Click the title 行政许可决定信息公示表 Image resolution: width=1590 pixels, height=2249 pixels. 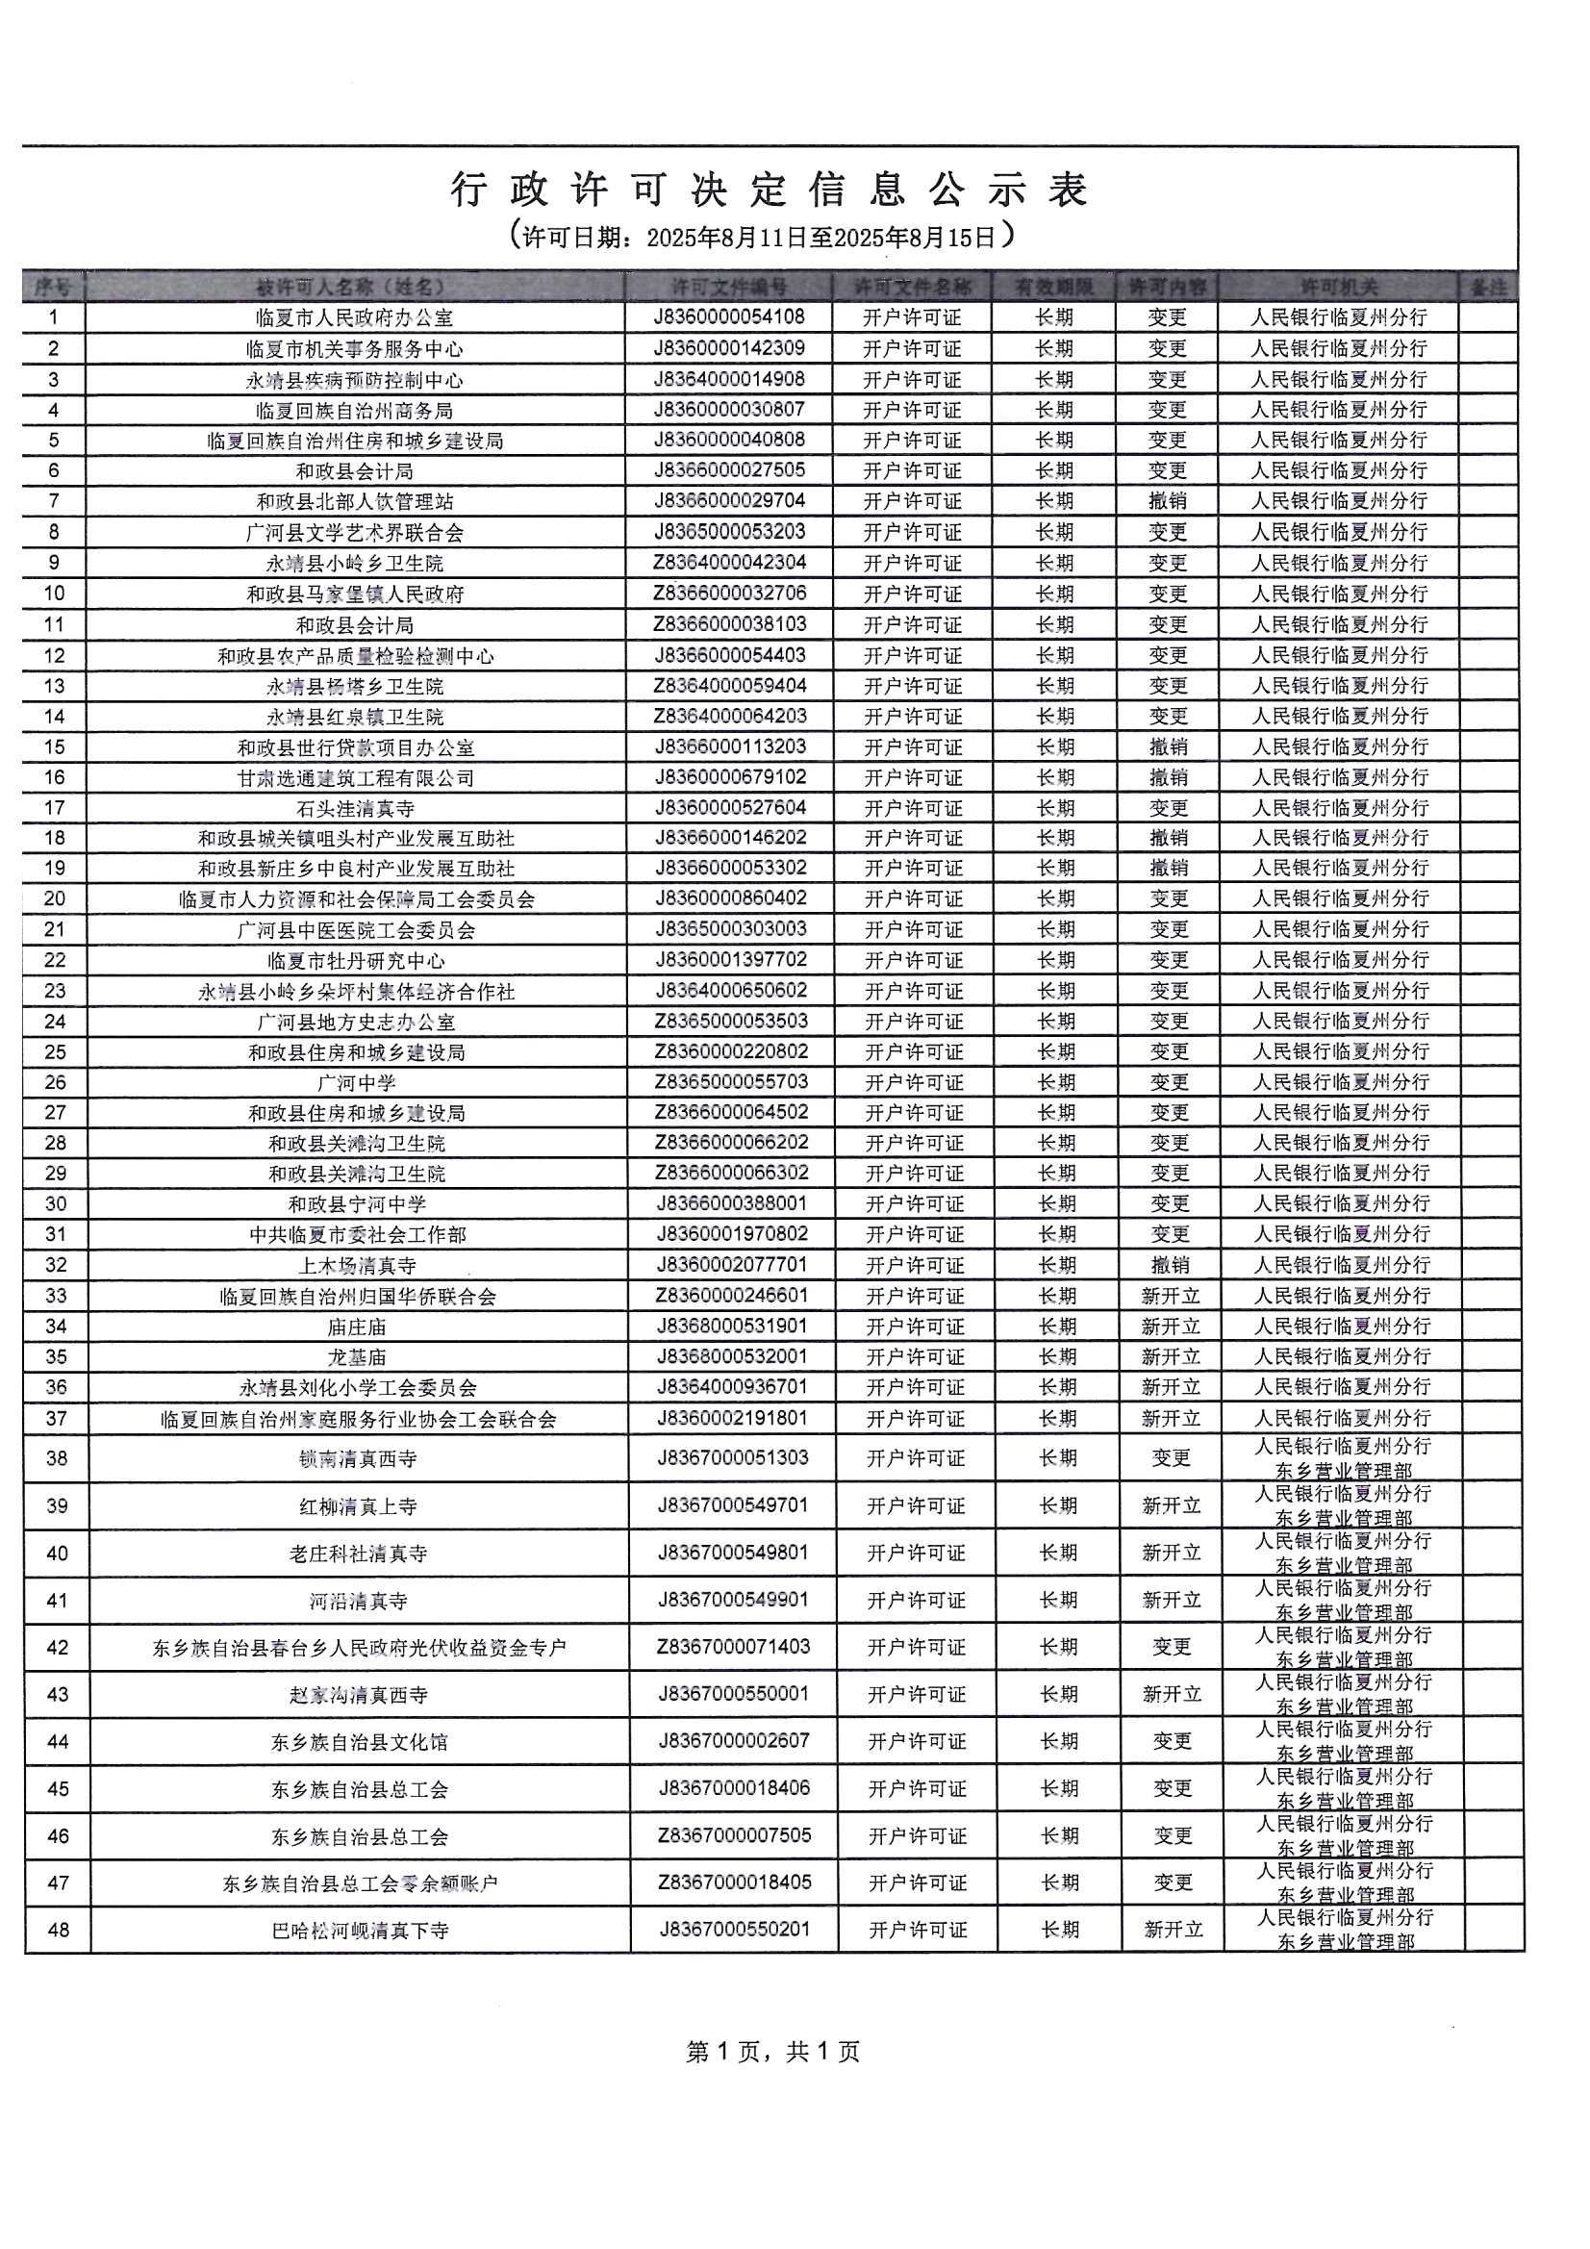[770, 190]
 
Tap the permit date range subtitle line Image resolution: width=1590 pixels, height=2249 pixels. [761, 237]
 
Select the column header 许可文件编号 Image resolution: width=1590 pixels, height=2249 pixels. [729, 287]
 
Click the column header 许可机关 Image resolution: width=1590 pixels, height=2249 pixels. [1338, 287]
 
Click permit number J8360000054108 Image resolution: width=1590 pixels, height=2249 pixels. [730, 317]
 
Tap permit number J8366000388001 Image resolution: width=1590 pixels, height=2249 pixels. [732, 1203]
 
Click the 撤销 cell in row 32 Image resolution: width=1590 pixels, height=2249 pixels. [1169, 1266]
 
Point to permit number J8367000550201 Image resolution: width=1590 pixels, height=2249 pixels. [735, 1930]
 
